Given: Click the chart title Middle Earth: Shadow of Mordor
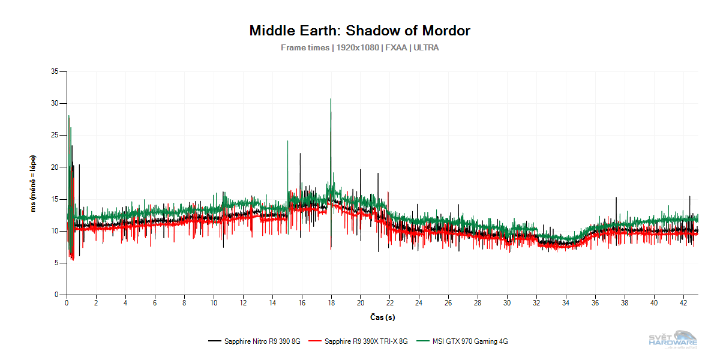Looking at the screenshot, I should (359, 31).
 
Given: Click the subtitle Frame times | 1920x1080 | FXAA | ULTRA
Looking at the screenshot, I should (359, 47).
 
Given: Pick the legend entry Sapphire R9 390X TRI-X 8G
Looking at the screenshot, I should (366, 341).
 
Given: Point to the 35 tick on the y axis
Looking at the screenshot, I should (55, 72).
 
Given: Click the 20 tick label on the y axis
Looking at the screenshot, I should (55, 167).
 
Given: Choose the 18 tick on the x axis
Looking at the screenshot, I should (331, 303).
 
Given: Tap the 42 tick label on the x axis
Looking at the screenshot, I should (683, 303).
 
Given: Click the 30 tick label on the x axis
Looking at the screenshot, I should (507, 303).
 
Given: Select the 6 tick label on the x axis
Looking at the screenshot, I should (155, 303).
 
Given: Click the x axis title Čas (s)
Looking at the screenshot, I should (382, 317).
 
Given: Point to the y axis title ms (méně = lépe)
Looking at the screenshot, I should (34, 183).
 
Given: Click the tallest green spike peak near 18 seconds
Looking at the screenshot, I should (331, 99).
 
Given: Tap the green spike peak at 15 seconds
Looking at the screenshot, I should (288, 142).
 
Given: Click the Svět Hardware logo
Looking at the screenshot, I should (673, 340).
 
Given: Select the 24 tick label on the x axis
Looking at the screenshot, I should (419, 303).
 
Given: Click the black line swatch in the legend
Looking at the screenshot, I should (214, 341).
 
